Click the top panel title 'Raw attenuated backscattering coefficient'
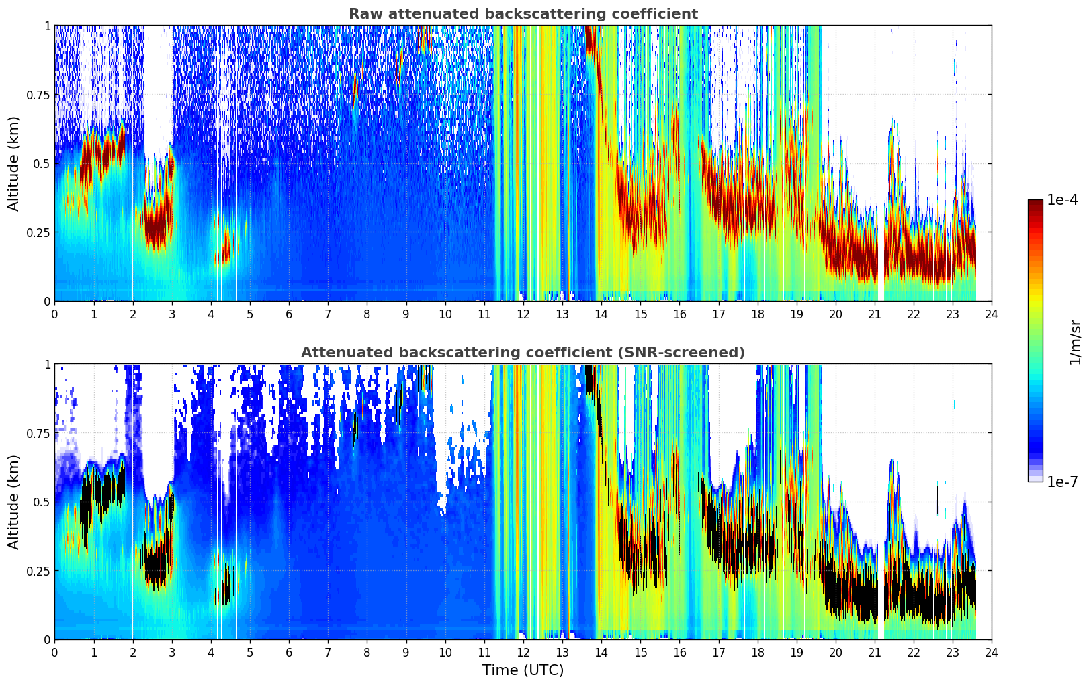pos(523,13)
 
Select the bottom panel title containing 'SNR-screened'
pos(523,352)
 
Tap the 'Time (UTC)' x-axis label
pos(523,670)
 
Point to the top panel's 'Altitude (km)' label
pos(13,163)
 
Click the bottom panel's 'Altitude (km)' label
pos(13,502)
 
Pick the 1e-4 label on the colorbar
pos(1062,199)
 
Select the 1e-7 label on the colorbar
pos(1062,482)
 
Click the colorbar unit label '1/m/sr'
pos(1075,342)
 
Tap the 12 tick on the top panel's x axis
pos(523,314)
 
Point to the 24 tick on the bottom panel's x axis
pos(992,653)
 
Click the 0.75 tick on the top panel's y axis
pos(38,95)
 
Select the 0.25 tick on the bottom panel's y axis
pos(38,571)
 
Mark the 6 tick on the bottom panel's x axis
pos(289,653)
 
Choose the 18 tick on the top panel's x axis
pos(757,314)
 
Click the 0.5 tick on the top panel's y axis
pos(42,164)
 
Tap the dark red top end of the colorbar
pos(1035,202)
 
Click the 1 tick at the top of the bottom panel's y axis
pos(48,365)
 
